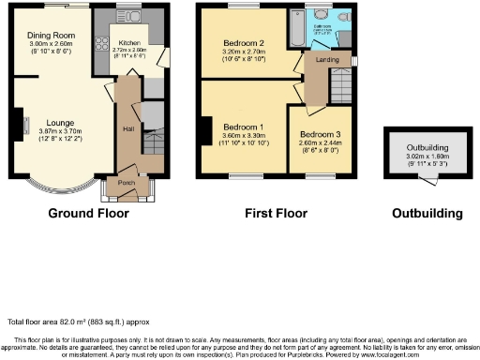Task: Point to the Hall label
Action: tap(127, 128)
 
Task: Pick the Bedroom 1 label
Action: tap(242, 127)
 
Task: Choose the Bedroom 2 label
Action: tap(242, 43)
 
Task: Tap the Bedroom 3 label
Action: tap(318, 133)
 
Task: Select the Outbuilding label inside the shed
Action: tap(427, 148)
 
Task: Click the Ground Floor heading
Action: tap(89, 213)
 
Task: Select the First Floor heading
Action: tap(278, 213)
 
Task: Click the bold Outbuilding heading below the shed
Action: tap(427, 213)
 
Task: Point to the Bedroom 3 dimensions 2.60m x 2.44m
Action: tap(318, 142)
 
